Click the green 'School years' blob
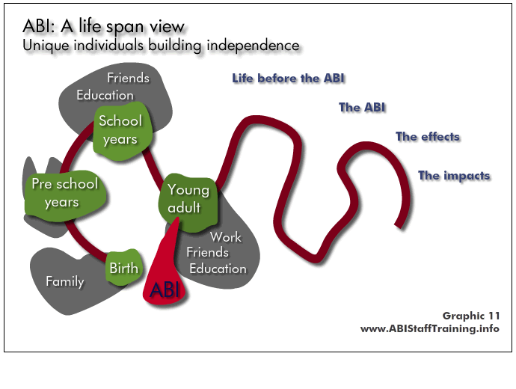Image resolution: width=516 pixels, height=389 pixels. coord(123,131)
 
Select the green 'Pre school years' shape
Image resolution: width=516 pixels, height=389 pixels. coord(65,194)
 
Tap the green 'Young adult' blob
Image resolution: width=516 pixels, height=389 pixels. coord(188,201)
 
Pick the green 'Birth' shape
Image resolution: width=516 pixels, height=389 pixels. coord(124,267)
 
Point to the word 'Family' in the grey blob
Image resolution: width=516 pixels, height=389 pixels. coord(65,282)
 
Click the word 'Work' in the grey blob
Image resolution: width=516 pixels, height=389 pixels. coord(226,237)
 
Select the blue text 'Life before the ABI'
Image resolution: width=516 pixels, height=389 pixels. coord(288,79)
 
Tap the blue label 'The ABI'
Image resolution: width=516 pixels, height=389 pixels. coord(362,107)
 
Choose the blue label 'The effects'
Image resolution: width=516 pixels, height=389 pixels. coord(428,136)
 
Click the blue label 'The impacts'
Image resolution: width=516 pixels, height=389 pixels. coord(454,175)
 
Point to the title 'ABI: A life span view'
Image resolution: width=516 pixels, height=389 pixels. coord(104,26)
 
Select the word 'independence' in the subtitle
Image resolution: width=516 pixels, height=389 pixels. coord(253,46)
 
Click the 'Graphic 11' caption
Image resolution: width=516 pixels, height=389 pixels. coord(471,316)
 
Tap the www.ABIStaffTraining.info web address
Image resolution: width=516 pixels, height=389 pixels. coord(430,328)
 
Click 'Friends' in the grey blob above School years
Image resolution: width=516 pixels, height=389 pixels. coord(128,78)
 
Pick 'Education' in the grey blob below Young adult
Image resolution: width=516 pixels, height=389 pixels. coord(218,269)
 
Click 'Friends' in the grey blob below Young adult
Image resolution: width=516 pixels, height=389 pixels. coord(207,252)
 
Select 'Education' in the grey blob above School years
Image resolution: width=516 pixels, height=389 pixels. coord(105,95)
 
